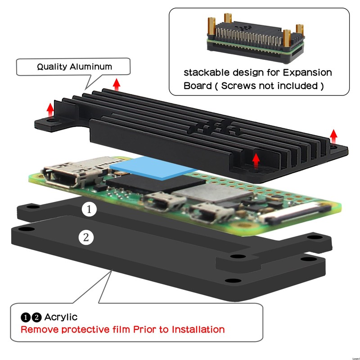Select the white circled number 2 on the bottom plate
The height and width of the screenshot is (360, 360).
coord(85,237)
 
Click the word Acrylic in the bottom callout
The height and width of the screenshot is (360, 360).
coord(61,318)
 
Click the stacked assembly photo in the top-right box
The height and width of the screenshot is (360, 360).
coord(255,36)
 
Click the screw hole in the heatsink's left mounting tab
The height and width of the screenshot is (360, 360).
coord(51,121)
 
